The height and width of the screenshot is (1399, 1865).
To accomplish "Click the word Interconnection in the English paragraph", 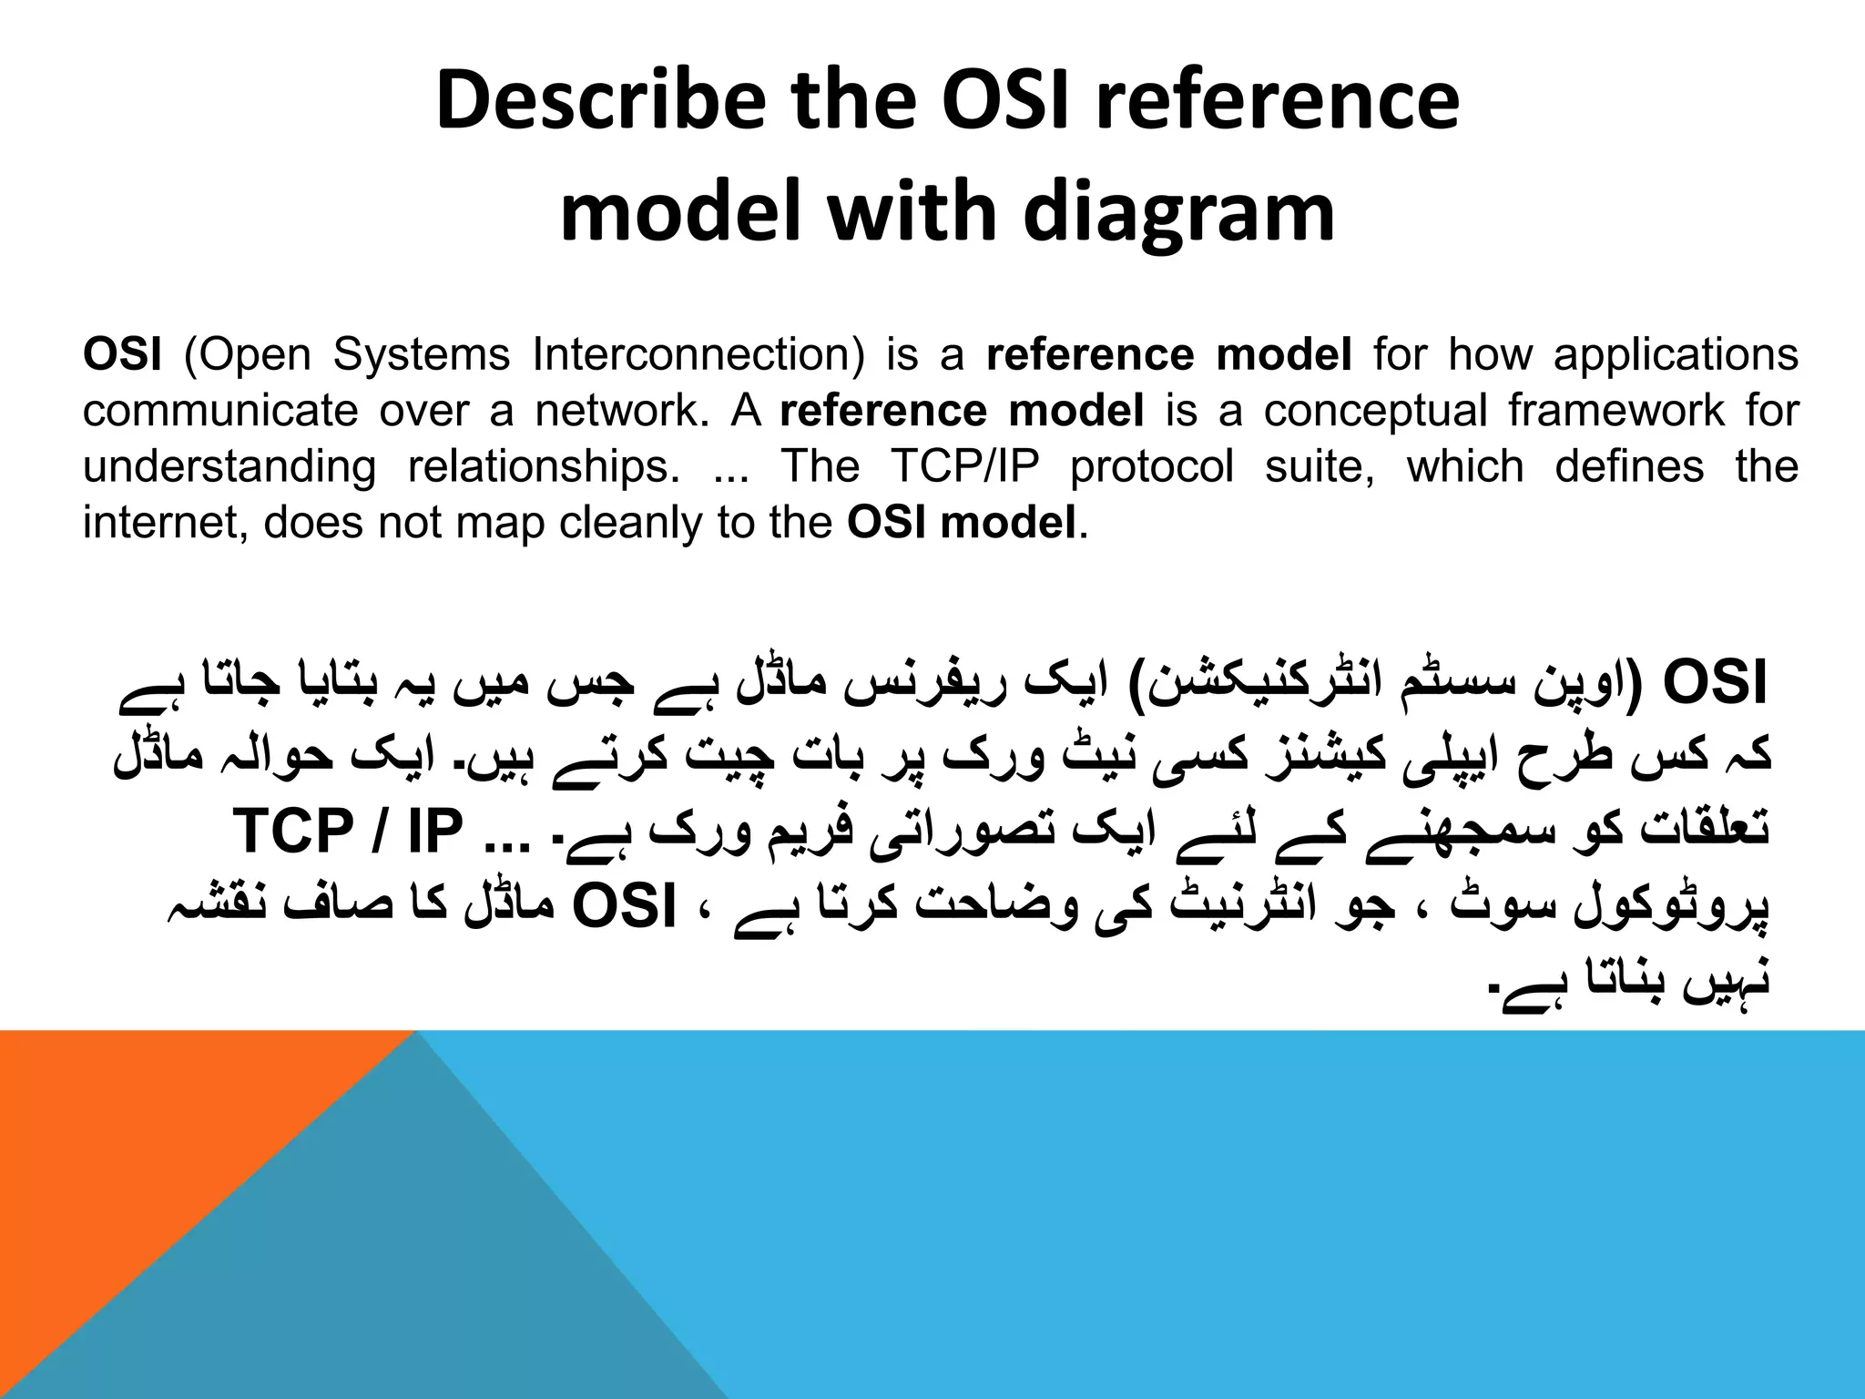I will [x=698, y=354].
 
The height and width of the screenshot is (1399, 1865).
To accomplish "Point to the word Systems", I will [x=422, y=354].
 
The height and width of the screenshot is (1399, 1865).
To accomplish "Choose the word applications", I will [x=1676, y=354].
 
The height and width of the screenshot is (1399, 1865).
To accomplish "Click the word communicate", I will [x=219, y=411].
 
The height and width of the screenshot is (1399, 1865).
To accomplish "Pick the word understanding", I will [x=229, y=467].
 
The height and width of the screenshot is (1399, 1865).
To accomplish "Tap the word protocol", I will [x=1152, y=467].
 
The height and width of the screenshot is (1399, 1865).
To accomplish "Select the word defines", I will [x=1629, y=467].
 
